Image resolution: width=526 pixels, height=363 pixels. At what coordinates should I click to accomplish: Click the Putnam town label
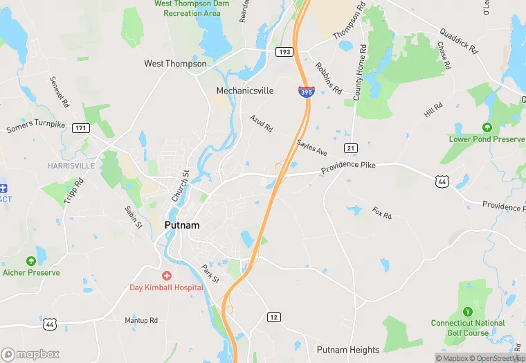pyautogui.click(x=183, y=225)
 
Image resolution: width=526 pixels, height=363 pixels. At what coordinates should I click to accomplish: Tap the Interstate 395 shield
pyautogui.click(x=305, y=91)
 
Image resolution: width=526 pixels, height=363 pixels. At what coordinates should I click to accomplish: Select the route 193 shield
pyautogui.click(x=284, y=52)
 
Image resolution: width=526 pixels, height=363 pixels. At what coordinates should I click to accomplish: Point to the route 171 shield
pyautogui.click(x=82, y=127)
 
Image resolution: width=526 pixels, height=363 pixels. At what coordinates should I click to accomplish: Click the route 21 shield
pyautogui.click(x=352, y=148)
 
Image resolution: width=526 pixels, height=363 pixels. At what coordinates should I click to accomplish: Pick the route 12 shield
pyautogui.click(x=273, y=317)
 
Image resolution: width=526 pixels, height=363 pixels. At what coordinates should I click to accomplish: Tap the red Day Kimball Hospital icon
pyautogui.click(x=167, y=276)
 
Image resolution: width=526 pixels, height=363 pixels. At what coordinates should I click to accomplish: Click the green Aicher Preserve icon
pyautogui.click(x=30, y=261)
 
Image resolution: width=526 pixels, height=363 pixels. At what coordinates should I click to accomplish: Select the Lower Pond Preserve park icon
pyautogui.click(x=487, y=127)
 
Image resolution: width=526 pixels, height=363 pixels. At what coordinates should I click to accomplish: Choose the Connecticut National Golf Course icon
pyautogui.click(x=468, y=311)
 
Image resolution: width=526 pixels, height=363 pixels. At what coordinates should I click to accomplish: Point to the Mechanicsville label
pyautogui.click(x=245, y=91)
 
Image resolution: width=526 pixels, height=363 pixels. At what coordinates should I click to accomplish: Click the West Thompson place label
pyautogui.click(x=175, y=64)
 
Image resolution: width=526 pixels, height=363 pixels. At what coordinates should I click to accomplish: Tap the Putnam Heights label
pyautogui.click(x=348, y=350)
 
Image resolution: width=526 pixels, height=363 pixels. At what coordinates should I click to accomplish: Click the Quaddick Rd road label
pyautogui.click(x=459, y=41)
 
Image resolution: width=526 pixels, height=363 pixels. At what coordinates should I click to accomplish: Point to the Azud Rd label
pyautogui.click(x=262, y=123)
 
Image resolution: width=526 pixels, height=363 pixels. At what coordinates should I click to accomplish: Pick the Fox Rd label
pyautogui.click(x=382, y=212)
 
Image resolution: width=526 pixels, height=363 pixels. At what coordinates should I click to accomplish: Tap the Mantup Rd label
pyautogui.click(x=141, y=320)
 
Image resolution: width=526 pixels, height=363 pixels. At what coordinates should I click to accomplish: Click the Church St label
pyautogui.click(x=180, y=186)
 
